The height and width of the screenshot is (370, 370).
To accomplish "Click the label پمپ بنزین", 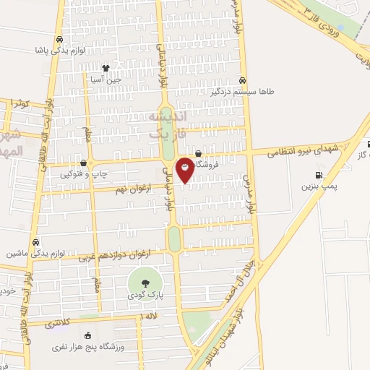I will (319, 186).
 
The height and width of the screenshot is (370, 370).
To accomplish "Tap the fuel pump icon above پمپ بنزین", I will (319, 174).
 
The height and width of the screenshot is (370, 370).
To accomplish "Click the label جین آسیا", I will (106, 80).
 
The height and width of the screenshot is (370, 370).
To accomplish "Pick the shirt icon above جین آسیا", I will (106, 69).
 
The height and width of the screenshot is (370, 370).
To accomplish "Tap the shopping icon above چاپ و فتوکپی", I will (84, 163).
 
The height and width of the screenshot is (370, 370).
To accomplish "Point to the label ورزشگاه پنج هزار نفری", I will (88, 348).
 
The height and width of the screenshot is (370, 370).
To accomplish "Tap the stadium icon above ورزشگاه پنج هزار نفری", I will (88, 336).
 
